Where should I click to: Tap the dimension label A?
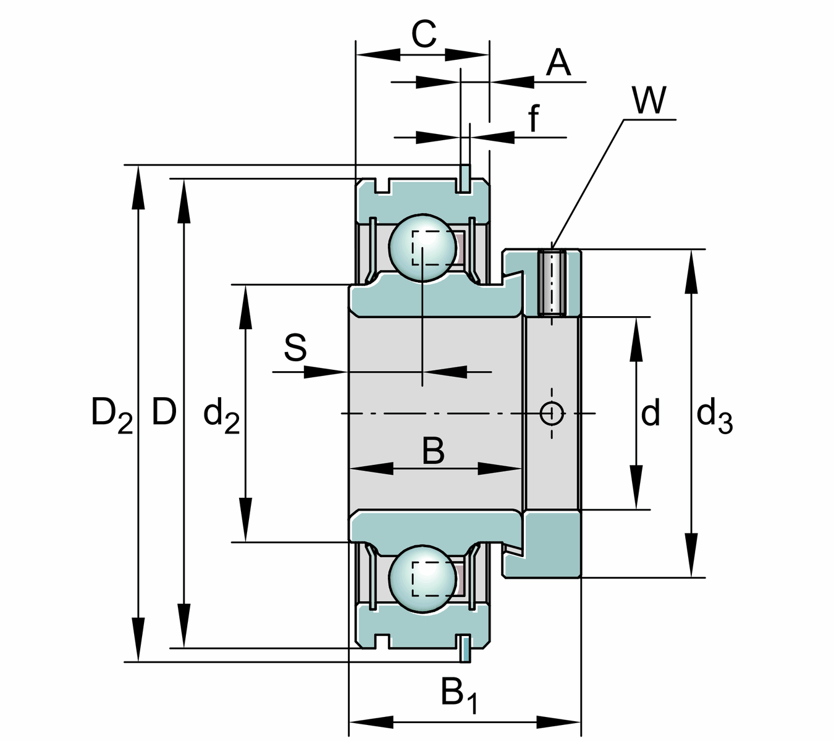coord(558,62)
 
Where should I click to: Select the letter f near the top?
coord(534,118)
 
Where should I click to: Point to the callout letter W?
coord(649,100)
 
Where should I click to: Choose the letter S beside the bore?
coord(295,348)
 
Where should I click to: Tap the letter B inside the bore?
coord(433,451)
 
